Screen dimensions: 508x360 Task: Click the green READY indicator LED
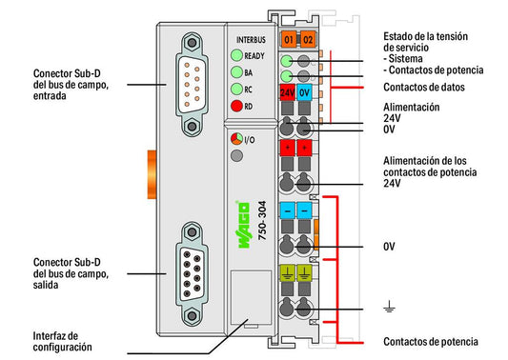point(236,55)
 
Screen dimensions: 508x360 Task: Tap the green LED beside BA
point(236,72)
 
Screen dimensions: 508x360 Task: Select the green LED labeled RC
point(236,89)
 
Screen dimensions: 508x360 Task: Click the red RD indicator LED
point(236,106)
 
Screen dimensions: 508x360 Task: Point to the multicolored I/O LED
point(236,139)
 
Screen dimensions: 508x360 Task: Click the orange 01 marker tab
point(289,39)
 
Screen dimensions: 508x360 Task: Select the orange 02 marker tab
point(308,39)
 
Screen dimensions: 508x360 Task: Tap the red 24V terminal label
point(288,93)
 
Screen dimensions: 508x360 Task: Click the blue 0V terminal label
point(304,93)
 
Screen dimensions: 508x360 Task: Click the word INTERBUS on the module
point(251,40)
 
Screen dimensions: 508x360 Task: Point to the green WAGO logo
point(244,225)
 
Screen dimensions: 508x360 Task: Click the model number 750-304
point(262,220)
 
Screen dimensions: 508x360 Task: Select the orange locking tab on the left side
point(152,174)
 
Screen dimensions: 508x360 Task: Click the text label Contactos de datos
point(424,87)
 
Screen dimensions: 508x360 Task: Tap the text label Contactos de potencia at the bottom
point(431,342)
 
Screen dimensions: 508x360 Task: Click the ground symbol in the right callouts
point(389,307)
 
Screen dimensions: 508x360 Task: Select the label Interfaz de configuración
point(62,341)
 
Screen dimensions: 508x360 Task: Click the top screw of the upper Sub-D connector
point(192,43)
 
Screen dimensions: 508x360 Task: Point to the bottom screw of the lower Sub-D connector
point(192,315)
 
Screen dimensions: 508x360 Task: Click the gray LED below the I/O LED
point(236,156)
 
